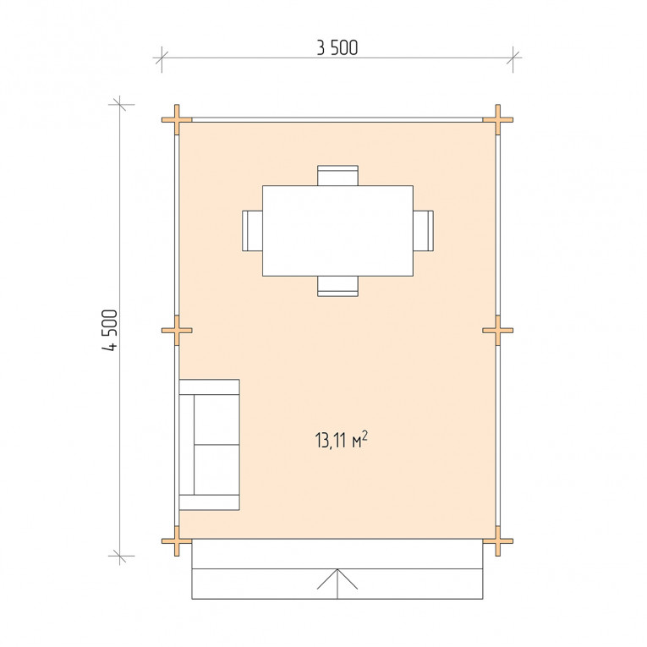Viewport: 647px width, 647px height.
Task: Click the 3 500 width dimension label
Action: (337, 48)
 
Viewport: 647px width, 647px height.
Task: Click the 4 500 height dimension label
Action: (110, 330)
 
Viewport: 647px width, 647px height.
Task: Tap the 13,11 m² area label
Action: (341, 440)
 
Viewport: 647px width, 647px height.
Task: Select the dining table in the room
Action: (338, 231)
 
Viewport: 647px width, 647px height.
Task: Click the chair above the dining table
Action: (338, 175)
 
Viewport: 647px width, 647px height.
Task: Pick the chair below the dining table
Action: (338, 287)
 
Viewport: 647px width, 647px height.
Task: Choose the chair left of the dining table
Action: (253, 231)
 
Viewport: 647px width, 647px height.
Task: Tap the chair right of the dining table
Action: (424, 231)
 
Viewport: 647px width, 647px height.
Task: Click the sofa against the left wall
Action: (209, 445)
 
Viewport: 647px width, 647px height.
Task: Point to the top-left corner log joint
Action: (177, 119)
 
